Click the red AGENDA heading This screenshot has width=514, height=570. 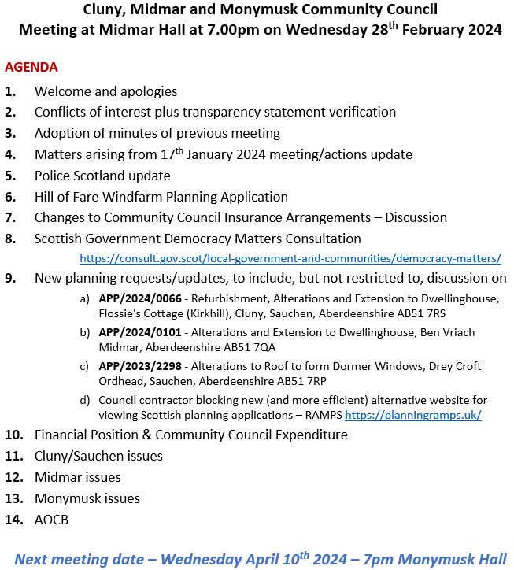click(31, 68)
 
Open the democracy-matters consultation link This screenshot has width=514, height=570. click(290, 258)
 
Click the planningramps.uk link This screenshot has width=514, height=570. click(412, 414)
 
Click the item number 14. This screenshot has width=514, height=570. click(13, 520)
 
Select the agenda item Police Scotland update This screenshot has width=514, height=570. click(102, 176)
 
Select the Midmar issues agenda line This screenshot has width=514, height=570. click(78, 477)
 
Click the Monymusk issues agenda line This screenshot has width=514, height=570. click(87, 498)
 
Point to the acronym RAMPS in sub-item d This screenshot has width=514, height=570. click(321, 415)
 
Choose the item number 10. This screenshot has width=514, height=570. click(13, 435)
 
